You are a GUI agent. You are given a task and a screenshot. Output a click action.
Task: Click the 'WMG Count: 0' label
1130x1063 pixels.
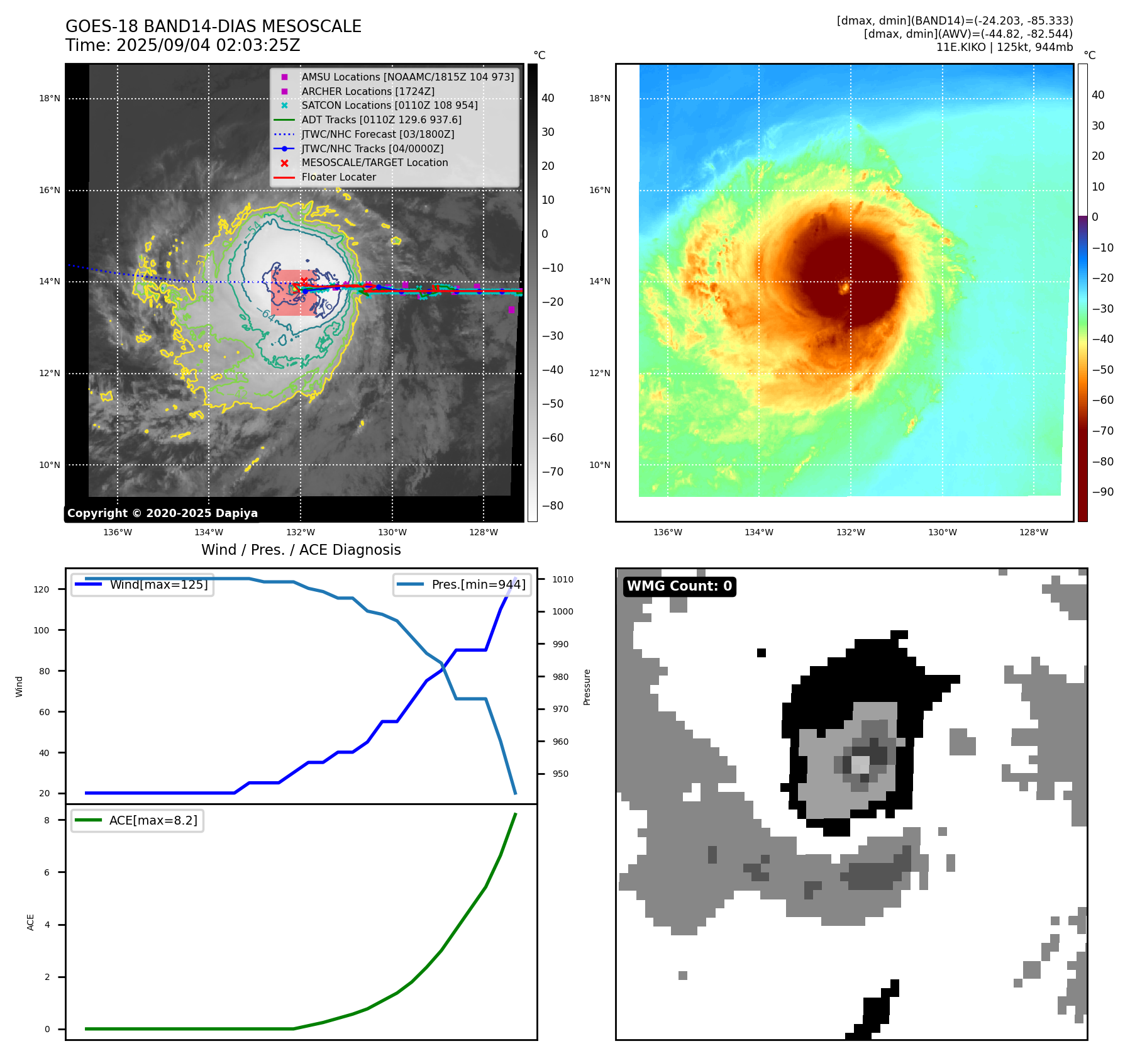[679, 586]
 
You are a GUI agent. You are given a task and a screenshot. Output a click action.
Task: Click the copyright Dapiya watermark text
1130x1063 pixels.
[162, 513]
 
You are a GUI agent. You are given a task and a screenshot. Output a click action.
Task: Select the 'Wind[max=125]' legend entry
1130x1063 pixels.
[158, 584]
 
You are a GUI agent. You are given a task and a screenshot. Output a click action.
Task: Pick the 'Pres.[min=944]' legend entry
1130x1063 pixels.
[478, 584]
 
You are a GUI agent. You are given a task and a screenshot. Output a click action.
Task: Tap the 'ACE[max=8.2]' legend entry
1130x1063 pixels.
[153, 820]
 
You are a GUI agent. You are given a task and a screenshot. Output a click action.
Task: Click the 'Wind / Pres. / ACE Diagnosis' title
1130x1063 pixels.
[301, 550]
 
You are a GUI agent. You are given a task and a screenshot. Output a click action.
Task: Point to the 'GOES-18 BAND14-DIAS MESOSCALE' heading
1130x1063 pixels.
[213, 26]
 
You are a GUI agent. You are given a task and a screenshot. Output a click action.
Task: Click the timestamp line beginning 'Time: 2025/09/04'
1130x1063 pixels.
[182, 45]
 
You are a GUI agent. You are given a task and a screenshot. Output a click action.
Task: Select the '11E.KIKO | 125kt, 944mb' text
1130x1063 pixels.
[1004, 47]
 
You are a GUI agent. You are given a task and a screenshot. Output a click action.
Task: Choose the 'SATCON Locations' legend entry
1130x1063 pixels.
[389, 105]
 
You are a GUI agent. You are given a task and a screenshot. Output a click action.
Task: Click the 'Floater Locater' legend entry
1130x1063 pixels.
[338, 177]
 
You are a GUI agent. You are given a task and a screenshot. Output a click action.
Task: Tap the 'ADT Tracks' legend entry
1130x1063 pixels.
[381, 120]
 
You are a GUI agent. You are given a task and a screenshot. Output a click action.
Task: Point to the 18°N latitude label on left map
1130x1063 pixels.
[50, 98]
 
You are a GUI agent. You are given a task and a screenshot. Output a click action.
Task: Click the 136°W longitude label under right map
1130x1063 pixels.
[667, 532]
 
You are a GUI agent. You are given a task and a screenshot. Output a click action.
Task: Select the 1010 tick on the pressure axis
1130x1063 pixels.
[563, 579]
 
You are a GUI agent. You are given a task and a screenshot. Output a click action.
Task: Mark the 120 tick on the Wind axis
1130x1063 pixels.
[41, 589]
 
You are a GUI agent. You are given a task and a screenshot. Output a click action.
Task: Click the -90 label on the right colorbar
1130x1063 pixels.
[1102, 492]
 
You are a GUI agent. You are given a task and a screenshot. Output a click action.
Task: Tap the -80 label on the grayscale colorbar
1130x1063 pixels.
[553, 506]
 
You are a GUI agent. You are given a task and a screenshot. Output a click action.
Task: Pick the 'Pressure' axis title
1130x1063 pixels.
[587, 687]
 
